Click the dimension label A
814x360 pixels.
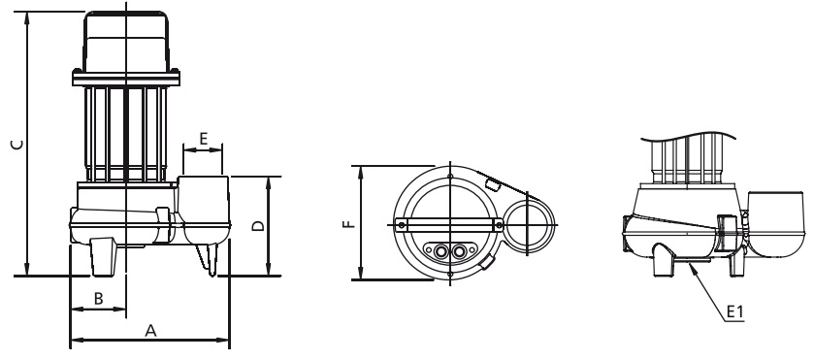click(150, 330)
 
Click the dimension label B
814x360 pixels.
click(98, 299)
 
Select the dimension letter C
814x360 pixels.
click(17, 145)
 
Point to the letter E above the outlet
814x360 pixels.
click(203, 139)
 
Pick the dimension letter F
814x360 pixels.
click(350, 224)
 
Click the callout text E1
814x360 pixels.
click(734, 311)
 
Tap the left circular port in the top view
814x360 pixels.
click(440, 252)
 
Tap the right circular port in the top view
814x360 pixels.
click(459, 252)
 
